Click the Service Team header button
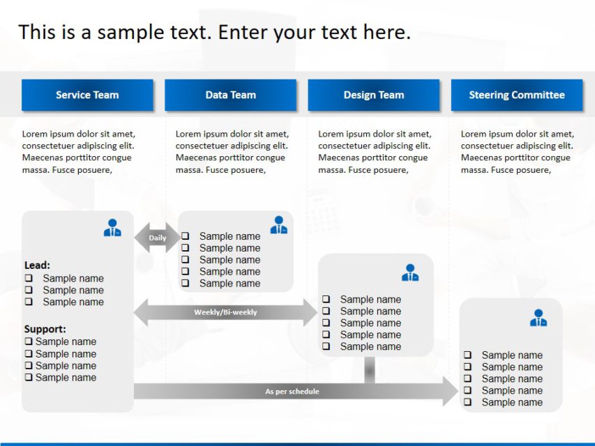click(x=87, y=95)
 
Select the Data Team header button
click(x=230, y=95)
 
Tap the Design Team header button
click(x=373, y=95)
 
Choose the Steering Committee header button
click(x=516, y=95)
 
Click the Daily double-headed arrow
click(x=157, y=238)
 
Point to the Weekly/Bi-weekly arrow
click(x=225, y=312)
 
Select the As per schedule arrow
click(x=293, y=391)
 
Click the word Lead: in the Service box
click(x=37, y=266)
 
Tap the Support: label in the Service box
click(x=45, y=329)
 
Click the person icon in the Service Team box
click(x=112, y=228)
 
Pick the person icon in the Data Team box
click(x=279, y=225)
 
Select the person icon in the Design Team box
click(x=410, y=272)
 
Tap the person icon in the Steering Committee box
click(x=538, y=318)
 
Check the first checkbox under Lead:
click(x=29, y=278)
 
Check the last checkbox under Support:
click(x=29, y=377)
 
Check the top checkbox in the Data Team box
click(x=186, y=236)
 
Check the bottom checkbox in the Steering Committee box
click(x=467, y=402)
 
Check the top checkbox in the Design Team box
click(x=326, y=300)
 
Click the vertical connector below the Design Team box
click(x=370, y=369)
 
